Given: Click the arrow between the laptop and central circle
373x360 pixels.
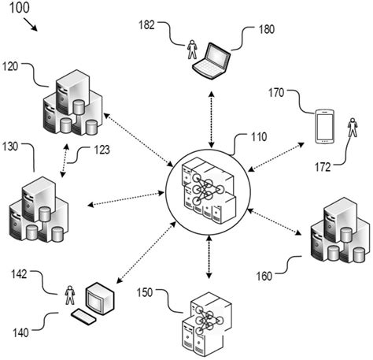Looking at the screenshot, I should pyautogui.click(x=210, y=119).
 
